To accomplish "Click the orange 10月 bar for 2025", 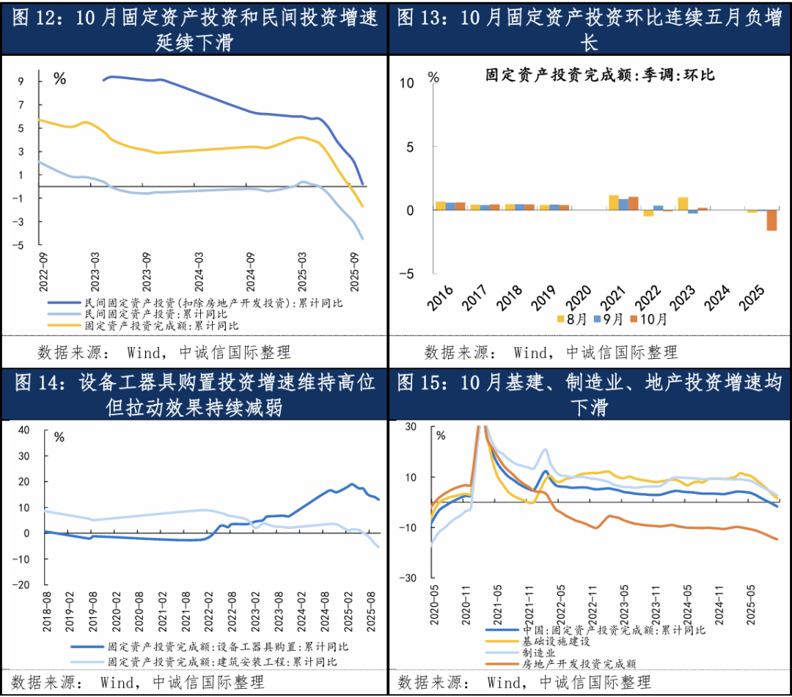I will (771, 220).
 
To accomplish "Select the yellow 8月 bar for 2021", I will (614, 202).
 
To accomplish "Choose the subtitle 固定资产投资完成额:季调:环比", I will (600, 75).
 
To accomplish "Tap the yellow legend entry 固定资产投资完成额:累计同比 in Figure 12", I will (161, 324).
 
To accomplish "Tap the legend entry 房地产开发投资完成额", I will (579, 664).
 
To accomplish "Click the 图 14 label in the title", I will (34, 382).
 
